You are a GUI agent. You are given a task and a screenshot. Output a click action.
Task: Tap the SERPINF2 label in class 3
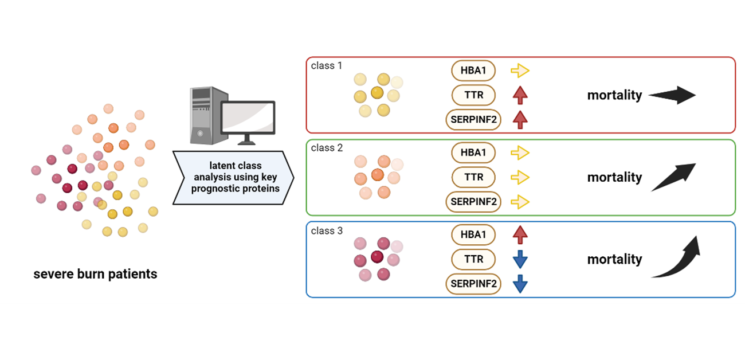coord(473,284)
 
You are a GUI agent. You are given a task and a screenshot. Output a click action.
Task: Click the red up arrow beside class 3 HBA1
coord(520,234)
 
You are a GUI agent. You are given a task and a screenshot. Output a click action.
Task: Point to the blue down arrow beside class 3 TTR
coord(520,259)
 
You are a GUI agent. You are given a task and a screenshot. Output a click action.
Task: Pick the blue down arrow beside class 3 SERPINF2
coord(520,284)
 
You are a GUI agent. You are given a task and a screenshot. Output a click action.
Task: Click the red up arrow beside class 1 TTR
coord(520,95)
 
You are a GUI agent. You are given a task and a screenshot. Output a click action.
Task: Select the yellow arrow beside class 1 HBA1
coord(520,71)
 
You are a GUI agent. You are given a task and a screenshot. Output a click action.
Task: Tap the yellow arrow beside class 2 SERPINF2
coord(520,202)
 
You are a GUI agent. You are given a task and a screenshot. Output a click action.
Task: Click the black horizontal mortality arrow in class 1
coord(672,95)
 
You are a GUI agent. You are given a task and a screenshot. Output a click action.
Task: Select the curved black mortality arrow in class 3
coord(676,258)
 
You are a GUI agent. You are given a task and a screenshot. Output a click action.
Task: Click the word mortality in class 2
coord(614,178)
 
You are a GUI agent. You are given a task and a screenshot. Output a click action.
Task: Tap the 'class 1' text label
coord(327,66)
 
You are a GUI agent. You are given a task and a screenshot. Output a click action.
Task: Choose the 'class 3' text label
coord(327,231)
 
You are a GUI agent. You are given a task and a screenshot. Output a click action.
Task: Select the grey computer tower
coord(205,115)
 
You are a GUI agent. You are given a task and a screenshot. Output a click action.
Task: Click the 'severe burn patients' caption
coord(95,274)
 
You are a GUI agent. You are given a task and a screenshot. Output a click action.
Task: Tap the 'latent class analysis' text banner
coord(235,178)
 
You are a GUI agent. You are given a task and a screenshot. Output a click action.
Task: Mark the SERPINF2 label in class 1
coord(473,120)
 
